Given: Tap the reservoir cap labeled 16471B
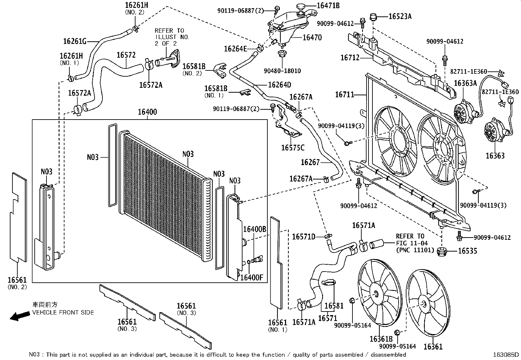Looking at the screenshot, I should pos(301,6).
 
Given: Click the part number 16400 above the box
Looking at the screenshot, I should pos(147,112).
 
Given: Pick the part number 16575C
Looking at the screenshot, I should pos(293,148).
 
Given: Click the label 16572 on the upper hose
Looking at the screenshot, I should pos(126,55).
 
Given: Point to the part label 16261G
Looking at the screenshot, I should pos(75,41).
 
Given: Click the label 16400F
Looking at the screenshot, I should pos(252,278).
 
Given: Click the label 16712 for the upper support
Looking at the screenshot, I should pos(350,58).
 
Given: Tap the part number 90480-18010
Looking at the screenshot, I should pos(282,71).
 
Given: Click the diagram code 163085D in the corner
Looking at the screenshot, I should pos(506,355).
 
